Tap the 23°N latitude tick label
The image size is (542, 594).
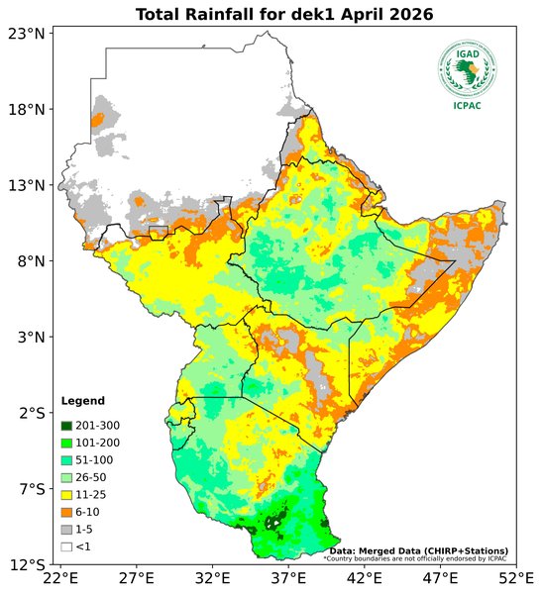[x=27, y=34]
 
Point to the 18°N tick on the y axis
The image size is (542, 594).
[x=27, y=110]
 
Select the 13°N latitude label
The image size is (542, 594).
[x=27, y=185]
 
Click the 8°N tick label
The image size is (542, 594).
[x=31, y=261]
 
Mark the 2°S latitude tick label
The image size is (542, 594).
[x=31, y=413]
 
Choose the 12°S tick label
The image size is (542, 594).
[x=27, y=565]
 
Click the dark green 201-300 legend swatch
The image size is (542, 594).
[x=66, y=425]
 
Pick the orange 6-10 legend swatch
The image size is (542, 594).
[x=66, y=512]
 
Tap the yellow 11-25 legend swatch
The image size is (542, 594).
[x=66, y=494]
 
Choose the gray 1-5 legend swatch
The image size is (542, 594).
[x=66, y=529]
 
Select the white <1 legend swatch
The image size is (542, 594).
[x=66, y=546]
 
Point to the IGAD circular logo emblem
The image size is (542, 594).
[x=468, y=68]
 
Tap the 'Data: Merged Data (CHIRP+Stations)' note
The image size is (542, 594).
[x=419, y=549]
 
